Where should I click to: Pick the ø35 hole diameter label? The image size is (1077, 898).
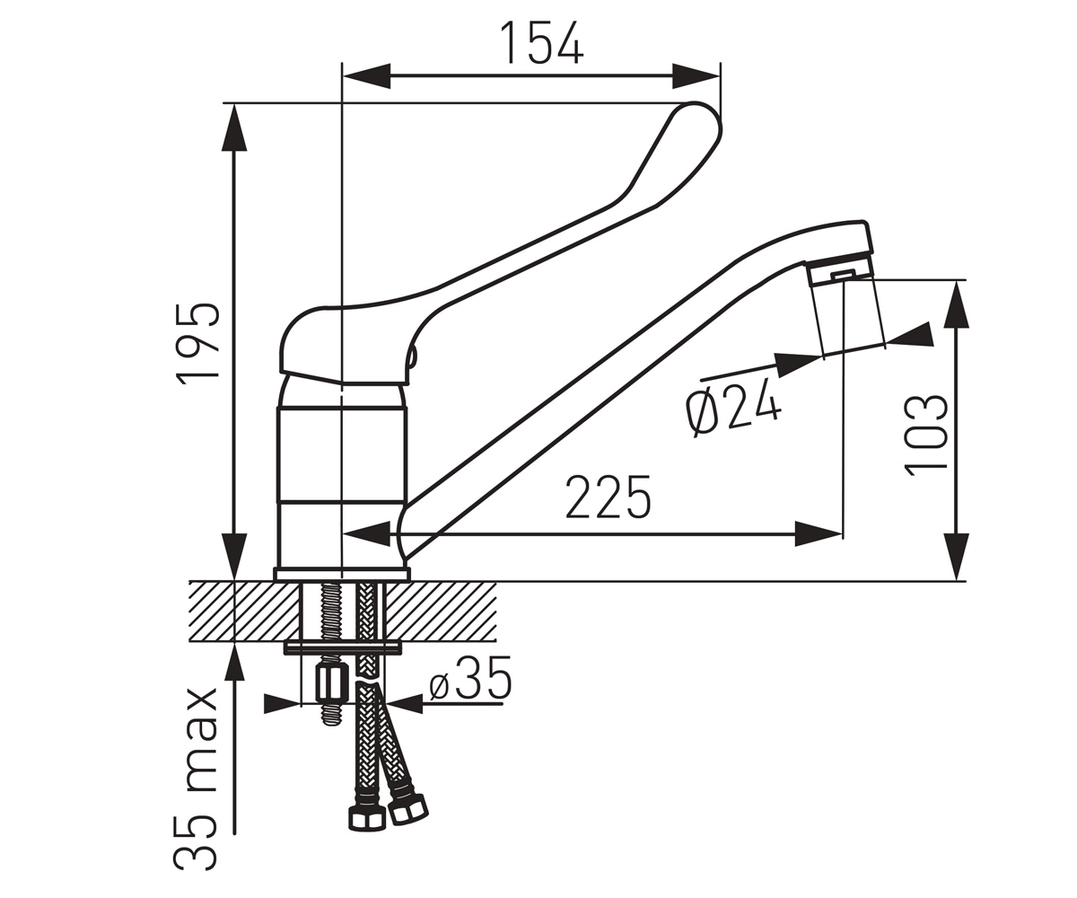[x=470, y=678]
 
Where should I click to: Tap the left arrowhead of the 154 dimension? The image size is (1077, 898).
[x=367, y=75]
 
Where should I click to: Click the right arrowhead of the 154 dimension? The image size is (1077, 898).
[x=696, y=75]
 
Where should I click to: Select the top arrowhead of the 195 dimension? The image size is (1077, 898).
[x=234, y=128]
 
